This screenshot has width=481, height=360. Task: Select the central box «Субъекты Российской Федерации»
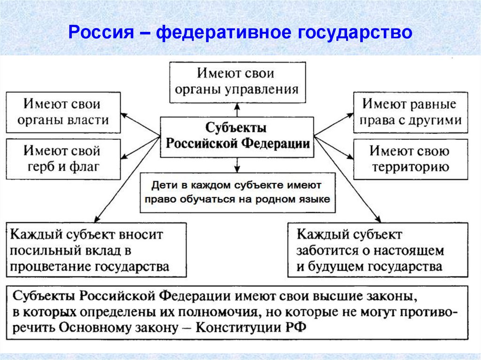(237, 136)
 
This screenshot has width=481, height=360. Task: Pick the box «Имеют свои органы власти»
(63, 112)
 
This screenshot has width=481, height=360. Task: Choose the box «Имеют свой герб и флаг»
(63, 159)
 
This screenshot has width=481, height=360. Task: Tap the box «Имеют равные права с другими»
(411, 112)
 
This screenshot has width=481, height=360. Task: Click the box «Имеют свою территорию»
(411, 160)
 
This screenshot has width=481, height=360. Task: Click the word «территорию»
(410, 167)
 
